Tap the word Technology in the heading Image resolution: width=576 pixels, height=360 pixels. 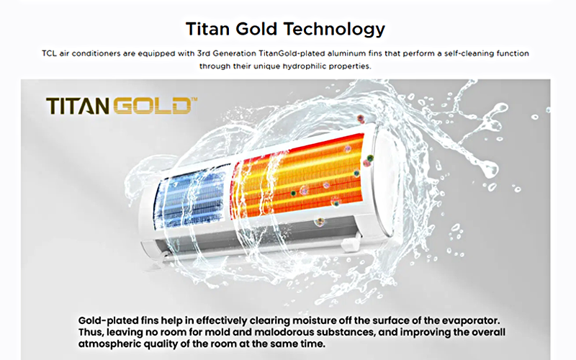tap(334, 30)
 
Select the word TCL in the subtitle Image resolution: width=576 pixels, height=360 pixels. tap(49, 53)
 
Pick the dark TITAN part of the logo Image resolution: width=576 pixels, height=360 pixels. tap(78, 106)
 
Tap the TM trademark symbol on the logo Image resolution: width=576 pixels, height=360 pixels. tap(194, 99)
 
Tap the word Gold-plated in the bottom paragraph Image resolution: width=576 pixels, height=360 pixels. tap(109, 320)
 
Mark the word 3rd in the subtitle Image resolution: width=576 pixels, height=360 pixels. tap(204, 53)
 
